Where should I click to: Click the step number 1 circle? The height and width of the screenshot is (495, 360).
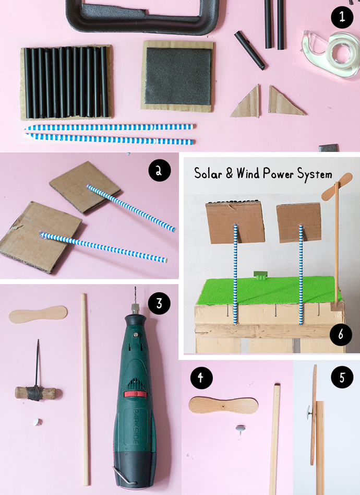pyautogui.click(x=342, y=17)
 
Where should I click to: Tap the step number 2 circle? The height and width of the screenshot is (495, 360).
pyautogui.click(x=159, y=171)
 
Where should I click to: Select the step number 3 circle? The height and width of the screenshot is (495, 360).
pyautogui.click(x=159, y=303)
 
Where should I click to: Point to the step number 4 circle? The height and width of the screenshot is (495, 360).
pyautogui.click(x=201, y=378)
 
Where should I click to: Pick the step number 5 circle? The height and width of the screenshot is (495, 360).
pyautogui.click(x=342, y=377)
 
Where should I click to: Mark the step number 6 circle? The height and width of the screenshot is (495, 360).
pyautogui.click(x=341, y=334)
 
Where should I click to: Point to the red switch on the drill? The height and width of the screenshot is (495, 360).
pyautogui.click(x=135, y=394)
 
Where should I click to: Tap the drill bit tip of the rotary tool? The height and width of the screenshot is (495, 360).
pyautogui.click(x=135, y=288)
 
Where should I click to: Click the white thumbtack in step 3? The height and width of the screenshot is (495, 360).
pyautogui.click(x=37, y=422)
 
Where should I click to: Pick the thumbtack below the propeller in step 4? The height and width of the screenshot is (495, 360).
pyautogui.click(x=240, y=429)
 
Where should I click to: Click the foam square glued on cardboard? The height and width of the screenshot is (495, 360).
pyautogui.click(x=178, y=76)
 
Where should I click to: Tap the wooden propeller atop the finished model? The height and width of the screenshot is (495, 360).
pyautogui.click(x=337, y=186)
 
